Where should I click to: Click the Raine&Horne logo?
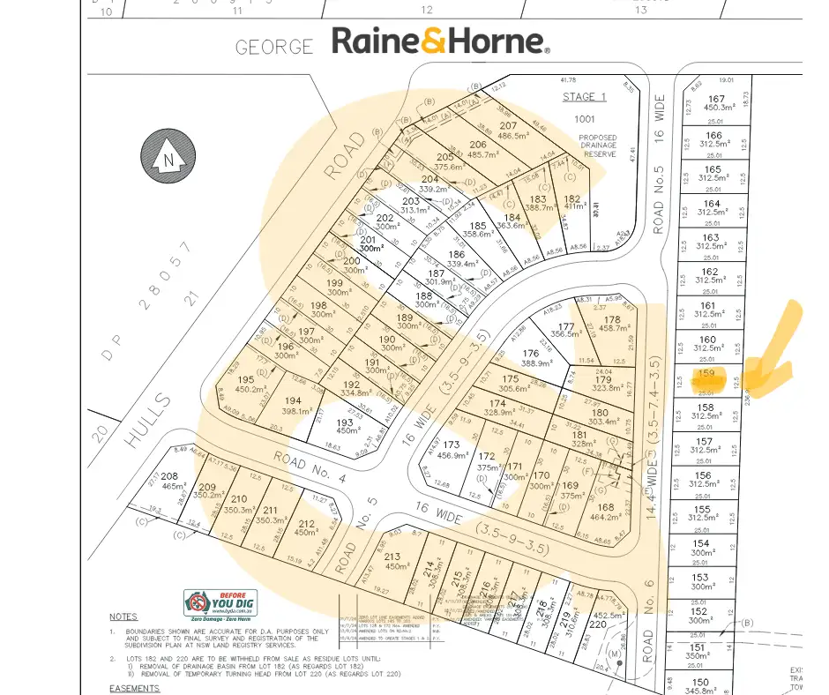440,41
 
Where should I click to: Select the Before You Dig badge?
220,603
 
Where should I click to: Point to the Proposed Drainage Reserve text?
597,146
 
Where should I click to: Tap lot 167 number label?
715,99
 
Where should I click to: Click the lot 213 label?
392,556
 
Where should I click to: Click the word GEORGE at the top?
274,47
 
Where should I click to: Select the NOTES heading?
123,617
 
